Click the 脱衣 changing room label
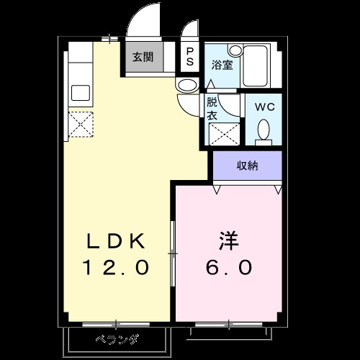[x=213, y=108]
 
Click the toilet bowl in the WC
[x=264, y=130]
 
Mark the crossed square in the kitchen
[x=80, y=125]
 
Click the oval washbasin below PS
[x=187, y=86]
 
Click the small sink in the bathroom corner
[x=235, y=50]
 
